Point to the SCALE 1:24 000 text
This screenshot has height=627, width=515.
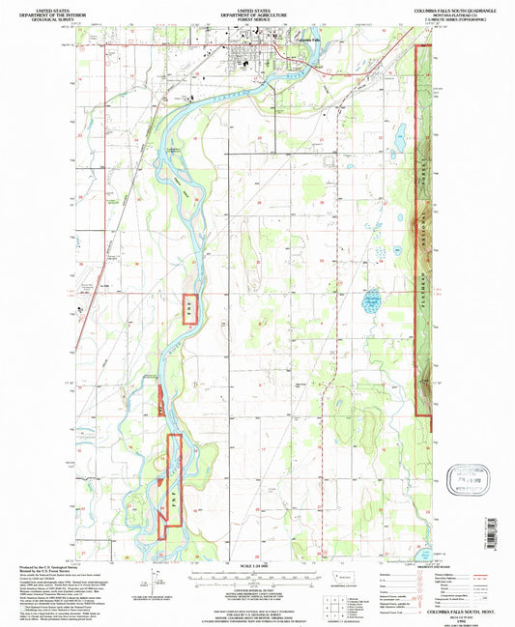point(256,565)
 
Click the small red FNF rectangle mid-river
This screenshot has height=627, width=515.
point(189,307)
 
